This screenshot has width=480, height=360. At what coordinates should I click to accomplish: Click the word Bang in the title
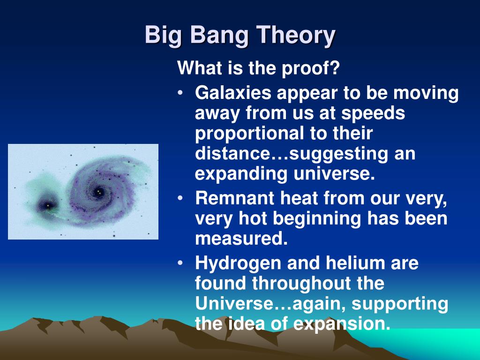(219, 36)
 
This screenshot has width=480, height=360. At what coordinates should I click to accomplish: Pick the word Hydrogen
(238, 264)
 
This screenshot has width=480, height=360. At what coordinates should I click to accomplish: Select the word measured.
(241, 239)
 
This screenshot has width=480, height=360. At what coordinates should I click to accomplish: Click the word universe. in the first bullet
(334, 173)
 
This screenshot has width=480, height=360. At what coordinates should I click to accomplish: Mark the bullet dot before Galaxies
(180, 92)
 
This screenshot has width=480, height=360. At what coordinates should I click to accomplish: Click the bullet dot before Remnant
(180, 198)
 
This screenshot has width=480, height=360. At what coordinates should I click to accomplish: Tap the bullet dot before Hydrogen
(180, 262)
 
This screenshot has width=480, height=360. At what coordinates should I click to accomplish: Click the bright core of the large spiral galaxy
(98, 192)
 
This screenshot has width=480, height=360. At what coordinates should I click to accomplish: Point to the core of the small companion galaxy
(48, 205)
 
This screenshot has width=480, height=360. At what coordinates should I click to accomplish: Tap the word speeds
(373, 113)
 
